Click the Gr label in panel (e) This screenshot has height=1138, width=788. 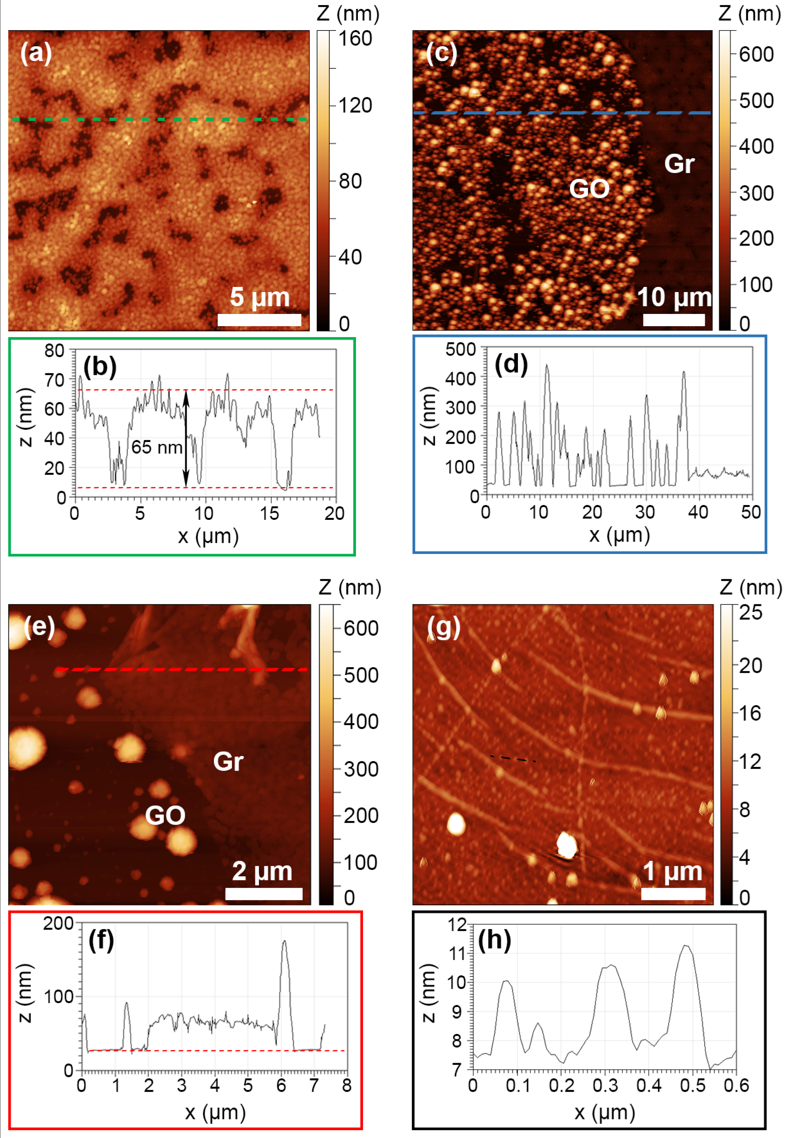tap(228, 761)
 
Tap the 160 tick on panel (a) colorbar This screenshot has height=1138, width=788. tap(355, 39)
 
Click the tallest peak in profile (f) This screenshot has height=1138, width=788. tap(284, 941)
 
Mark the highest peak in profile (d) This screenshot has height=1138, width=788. tap(546, 366)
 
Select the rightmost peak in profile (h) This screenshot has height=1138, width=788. tap(685, 946)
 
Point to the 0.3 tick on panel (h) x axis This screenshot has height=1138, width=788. tap(605, 1086)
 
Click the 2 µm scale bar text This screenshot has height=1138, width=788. tap(262, 871)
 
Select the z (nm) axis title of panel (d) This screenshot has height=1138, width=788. tap(429, 416)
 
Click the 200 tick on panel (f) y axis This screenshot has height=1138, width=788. tap(58, 923)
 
